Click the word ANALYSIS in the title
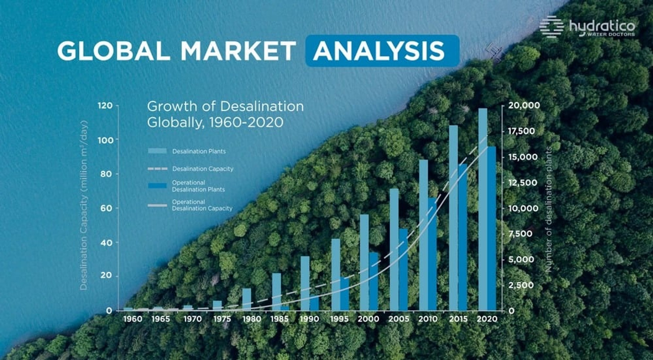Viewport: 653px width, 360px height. click(379, 51)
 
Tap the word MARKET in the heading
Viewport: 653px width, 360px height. click(238, 51)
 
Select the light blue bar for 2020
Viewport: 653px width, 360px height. click(483, 209)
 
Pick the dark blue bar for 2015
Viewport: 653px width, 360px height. click(463, 237)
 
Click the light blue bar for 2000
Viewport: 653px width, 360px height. click(364, 262)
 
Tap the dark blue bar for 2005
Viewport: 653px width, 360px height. click(403, 269)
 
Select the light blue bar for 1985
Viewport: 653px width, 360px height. click(277, 292)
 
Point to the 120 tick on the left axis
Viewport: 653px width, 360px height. click(105, 105)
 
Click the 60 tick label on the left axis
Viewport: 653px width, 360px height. click(106, 208)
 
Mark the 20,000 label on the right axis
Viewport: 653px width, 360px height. click(524, 105)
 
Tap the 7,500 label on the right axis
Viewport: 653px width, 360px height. click(520, 234)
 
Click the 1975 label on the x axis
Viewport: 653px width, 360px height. click(222, 319)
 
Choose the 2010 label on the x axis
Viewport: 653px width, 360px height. click(428, 319)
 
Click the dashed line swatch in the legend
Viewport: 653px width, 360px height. click(157, 169)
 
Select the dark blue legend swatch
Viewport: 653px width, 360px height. click(157, 186)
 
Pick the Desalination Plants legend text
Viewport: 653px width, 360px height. click(199, 151)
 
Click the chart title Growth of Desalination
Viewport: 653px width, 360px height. click(225, 107)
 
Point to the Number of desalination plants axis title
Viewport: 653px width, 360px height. click(548, 209)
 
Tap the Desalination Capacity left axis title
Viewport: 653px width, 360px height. click(84, 205)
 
